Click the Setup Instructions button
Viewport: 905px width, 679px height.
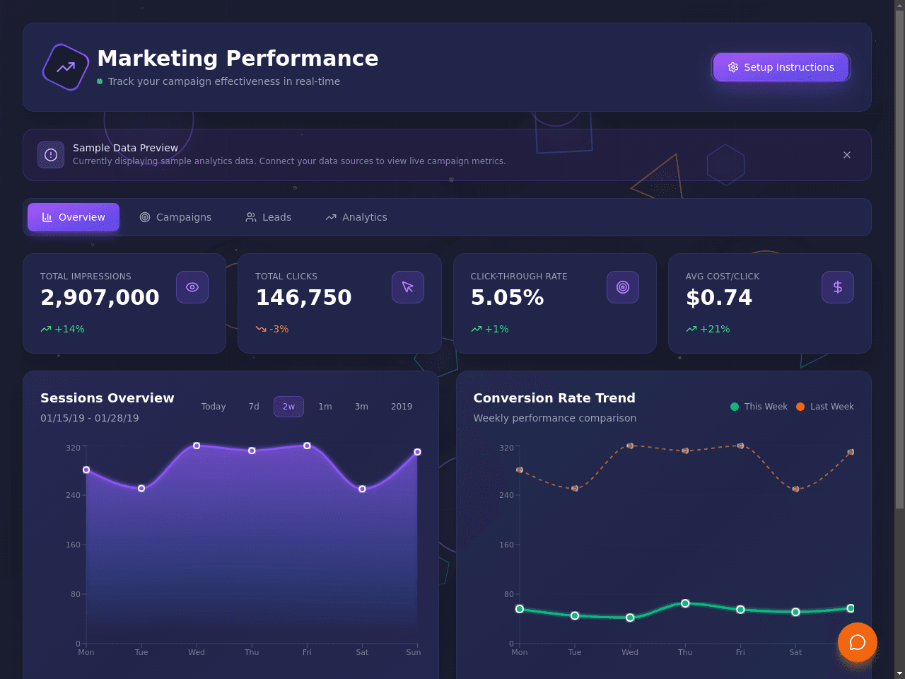tap(781, 67)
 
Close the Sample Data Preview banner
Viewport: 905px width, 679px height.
tap(846, 155)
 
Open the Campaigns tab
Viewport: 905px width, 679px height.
tap(175, 217)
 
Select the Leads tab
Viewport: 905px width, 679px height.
tap(269, 217)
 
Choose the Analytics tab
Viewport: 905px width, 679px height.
tap(356, 217)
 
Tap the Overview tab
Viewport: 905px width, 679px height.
tap(74, 217)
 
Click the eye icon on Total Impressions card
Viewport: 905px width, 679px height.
tap(192, 287)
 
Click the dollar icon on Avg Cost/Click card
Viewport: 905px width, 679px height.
tap(837, 287)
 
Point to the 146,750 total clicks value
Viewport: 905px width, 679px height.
tap(304, 297)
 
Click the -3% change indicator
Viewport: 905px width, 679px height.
tap(272, 329)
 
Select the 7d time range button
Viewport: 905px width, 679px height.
tap(254, 407)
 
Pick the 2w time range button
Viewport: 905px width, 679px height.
tap(288, 407)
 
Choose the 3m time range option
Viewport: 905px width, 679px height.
tap(361, 407)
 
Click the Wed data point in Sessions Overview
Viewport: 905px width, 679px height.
tap(197, 446)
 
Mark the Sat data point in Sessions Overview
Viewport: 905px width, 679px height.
tap(362, 489)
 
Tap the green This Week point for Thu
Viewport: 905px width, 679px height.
tap(685, 603)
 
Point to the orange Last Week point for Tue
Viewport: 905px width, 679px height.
tap(575, 489)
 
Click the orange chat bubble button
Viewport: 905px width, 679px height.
tap(858, 642)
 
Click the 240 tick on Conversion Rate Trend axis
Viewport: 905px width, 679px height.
tap(507, 495)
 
